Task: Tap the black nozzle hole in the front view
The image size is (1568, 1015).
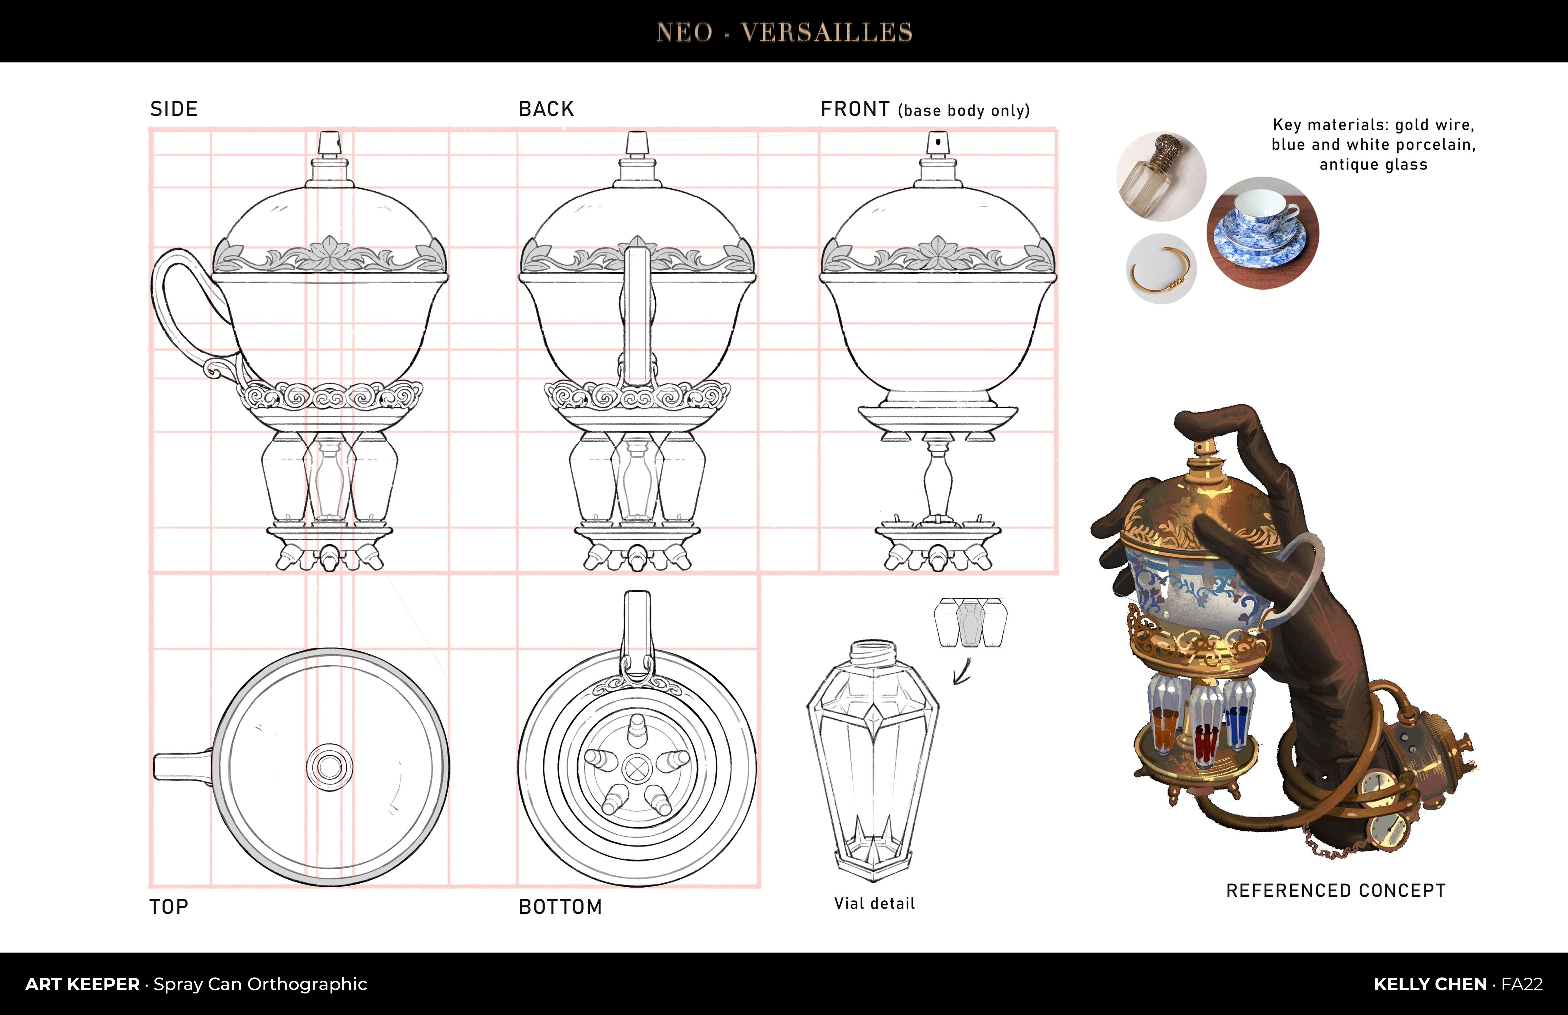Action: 937,142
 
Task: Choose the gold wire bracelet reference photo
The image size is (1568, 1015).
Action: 1162,269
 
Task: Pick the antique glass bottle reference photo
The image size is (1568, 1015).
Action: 1162,176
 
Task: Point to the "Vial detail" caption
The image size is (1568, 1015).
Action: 874,904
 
